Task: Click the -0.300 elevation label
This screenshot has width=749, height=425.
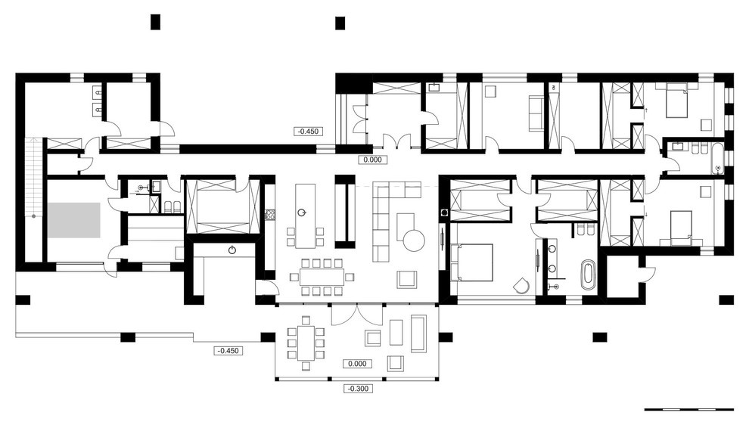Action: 359,389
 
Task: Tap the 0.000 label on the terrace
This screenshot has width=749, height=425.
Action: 357,364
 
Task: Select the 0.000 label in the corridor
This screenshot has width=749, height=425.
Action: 372,160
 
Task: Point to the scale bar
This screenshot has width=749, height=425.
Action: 688,409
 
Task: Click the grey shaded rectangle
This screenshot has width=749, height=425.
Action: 73,220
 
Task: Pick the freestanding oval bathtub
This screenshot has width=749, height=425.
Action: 588,275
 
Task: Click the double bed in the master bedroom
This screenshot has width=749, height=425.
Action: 471,262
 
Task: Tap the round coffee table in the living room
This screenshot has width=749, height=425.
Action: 414,240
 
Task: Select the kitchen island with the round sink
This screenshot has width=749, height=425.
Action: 305,216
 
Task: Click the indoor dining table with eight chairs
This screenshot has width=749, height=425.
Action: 322,277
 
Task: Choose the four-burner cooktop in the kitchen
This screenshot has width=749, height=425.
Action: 270,215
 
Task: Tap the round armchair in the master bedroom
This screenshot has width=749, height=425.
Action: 522,285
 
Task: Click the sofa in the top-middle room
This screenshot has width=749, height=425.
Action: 536,113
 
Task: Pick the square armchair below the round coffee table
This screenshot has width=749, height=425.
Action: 406,279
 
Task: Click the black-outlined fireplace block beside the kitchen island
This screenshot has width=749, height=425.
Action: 345,212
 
